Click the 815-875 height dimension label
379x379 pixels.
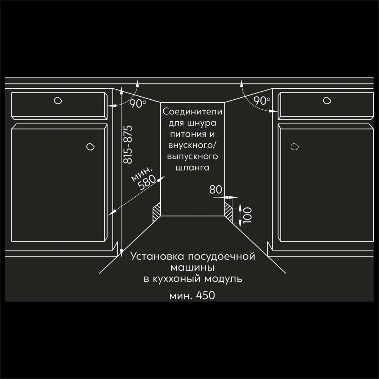coord(128,144)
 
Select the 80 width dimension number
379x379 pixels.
coord(216,189)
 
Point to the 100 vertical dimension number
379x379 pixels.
coord(248,215)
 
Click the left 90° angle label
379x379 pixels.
coord(138,104)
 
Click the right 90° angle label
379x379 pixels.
coord(262,101)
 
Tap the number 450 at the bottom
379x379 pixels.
coord(205,295)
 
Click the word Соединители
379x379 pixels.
coord(193,112)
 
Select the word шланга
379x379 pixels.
coord(193,168)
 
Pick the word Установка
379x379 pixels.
coord(157,256)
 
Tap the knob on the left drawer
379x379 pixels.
coord(58,100)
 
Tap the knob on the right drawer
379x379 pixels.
coord(327,100)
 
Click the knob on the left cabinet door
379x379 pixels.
coord(91,146)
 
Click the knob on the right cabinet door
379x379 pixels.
coord(294,146)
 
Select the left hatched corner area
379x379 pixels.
coord(157,212)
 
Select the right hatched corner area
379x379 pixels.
coord(229,212)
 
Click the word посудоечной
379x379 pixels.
coord(221,256)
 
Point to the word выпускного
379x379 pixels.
coord(193,157)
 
